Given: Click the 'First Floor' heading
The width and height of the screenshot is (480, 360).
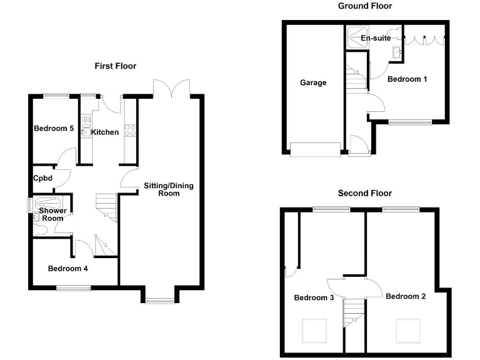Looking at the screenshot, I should point(115,66).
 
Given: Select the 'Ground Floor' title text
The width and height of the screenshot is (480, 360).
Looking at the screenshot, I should point(365,6).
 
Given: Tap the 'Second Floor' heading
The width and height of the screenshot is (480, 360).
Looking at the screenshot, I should point(365,193).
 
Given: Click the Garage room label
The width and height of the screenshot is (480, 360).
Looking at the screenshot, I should point(313,82).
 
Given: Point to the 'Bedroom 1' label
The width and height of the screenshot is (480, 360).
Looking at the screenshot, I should point(407,79).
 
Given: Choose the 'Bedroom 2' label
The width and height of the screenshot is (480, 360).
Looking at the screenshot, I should point(406,296).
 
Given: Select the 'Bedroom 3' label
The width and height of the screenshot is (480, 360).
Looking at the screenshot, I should point(314,297).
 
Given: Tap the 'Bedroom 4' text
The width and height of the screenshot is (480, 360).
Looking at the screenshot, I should point(68,269).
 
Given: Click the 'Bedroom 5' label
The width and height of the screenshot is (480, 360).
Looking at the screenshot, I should point(54,129).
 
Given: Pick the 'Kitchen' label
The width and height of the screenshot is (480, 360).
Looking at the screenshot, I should point(105,132).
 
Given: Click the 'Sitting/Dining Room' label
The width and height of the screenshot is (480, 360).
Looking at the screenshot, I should point(169,189).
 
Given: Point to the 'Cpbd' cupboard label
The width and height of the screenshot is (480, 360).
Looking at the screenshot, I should point(43,179).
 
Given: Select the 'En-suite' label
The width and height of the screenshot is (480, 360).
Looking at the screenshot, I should point(376,38).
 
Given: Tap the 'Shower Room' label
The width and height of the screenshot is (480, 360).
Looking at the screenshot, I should point(52,214).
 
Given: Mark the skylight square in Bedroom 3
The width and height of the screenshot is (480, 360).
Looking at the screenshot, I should point(314,329).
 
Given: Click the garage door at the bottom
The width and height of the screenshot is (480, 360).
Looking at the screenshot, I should point(316,150).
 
